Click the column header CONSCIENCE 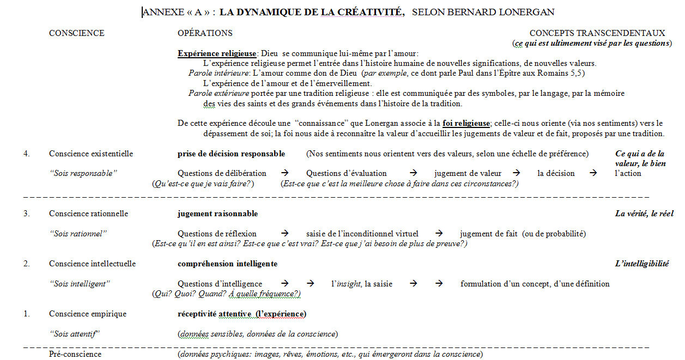pyautogui.click(x=76, y=33)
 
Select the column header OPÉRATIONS pyautogui.click(x=205, y=33)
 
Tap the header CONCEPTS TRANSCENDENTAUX pyautogui.click(x=597, y=33)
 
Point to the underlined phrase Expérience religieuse pyautogui.click(x=217, y=53)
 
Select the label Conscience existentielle pyautogui.click(x=91, y=154)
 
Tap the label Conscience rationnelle pyautogui.click(x=88, y=213)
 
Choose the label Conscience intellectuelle pyautogui.click(x=92, y=264)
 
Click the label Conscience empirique pyautogui.click(x=87, y=314)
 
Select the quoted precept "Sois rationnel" pyautogui.click(x=78, y=234)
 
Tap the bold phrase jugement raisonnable pyautogui.click(x=217, y=213)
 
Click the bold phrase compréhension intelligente pyautogui.click(x=227, y=264)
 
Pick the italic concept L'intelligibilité pyautogui.click(x=642, y=264)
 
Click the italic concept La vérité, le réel pyautogui.click(x=644, y=213)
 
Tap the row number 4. pyautogui.click(x=26, y=154)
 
